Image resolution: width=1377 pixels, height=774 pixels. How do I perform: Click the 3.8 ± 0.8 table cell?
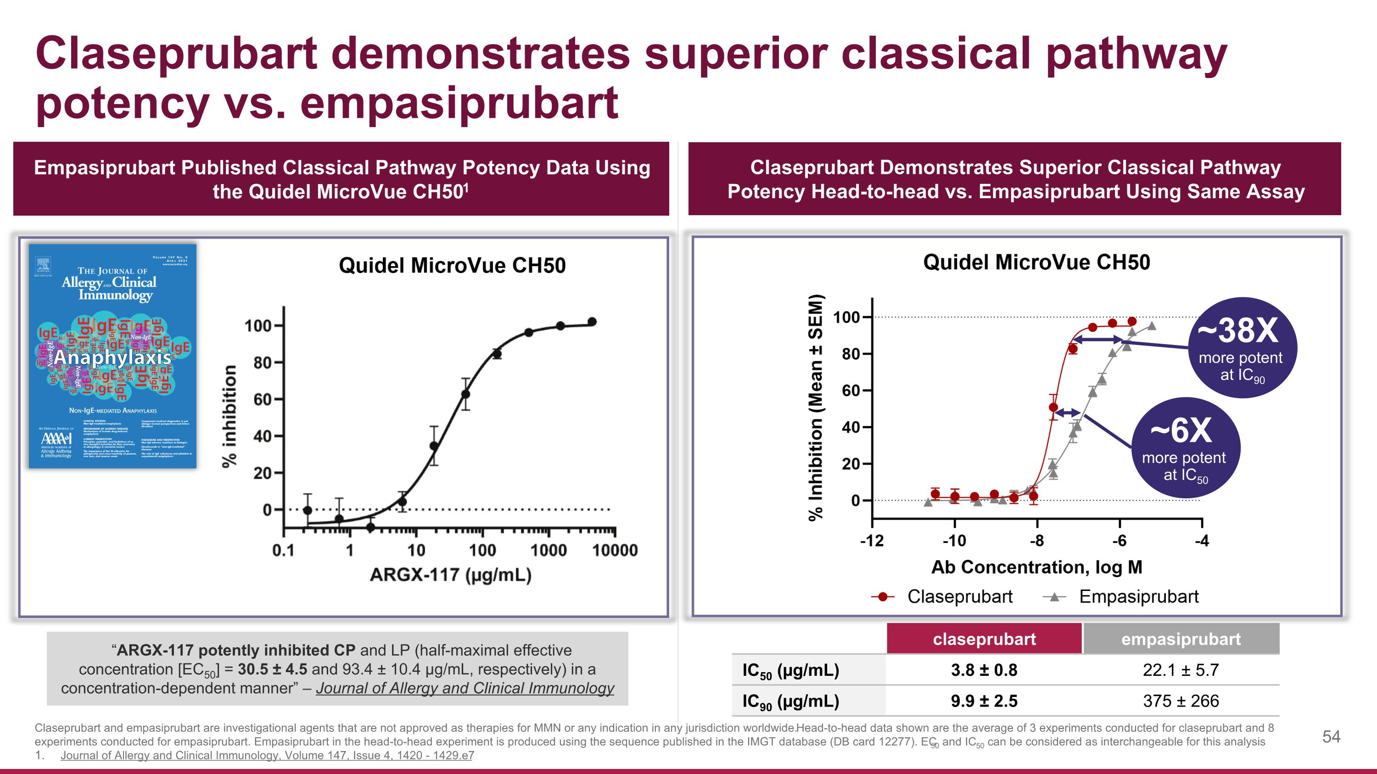984,670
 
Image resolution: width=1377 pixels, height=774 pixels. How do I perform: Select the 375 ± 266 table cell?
1181,701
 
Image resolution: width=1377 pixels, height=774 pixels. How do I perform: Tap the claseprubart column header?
984,639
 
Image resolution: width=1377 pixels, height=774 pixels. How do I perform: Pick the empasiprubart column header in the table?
1181,639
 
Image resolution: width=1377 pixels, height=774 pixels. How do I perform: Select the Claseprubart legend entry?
959,596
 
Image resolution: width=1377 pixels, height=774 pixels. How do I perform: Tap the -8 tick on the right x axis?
1036,541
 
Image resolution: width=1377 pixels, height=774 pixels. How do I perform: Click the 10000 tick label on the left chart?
615,550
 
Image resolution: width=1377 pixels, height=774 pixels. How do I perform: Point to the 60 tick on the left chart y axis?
263,400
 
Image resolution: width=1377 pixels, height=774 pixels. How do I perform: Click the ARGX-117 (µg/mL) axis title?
451,575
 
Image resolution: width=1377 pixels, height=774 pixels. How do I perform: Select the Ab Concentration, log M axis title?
1036,567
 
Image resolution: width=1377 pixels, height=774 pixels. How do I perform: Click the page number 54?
1331,737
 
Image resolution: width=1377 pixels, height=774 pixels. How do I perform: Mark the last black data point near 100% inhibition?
592,322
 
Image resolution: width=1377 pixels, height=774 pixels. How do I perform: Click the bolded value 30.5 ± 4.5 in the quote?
272,669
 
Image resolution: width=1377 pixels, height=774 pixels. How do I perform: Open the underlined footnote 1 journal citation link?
267,755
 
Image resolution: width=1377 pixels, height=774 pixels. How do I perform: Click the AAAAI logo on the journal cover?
56,439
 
